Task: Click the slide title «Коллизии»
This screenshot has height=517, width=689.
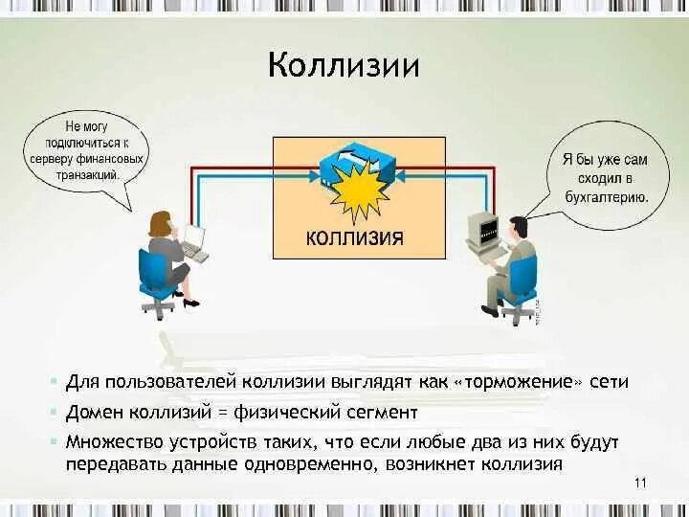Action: pyautogui.click(x=344, y=66)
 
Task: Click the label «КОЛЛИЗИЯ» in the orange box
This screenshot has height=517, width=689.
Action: pyautogui.click(x=354, y=236)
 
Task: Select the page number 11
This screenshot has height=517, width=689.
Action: pyautogui.click(x=640, y=482)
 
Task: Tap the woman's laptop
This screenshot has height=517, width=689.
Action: pyautogui.click(x=193, y=239)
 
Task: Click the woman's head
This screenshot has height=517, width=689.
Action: pyautogui.click(x=159, y=222)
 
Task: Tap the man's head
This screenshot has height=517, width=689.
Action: pyautogui.click(x=518, y=228)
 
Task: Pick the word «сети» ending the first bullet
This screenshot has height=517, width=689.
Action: pyautogui.click(x=611, y=381)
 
